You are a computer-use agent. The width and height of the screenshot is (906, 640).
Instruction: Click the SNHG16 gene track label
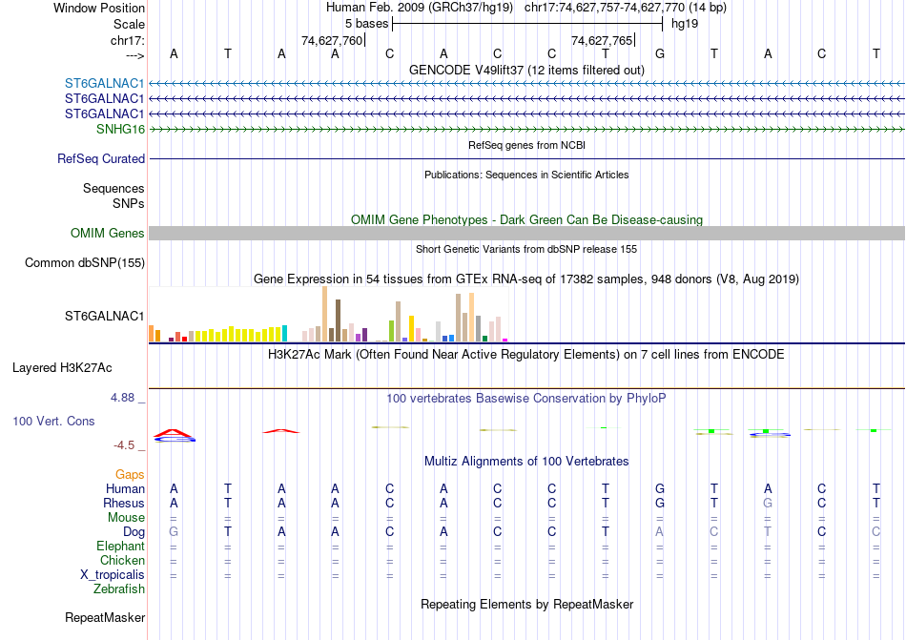coord(120,129)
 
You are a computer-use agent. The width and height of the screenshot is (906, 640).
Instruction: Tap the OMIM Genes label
coord(108,234)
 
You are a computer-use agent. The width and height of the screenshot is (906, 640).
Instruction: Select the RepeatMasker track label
coord(105,618)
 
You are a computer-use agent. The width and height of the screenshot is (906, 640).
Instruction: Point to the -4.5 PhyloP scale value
coord(126,444)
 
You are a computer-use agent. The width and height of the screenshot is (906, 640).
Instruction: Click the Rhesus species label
coord(124,504)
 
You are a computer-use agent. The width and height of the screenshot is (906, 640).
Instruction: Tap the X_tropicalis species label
coord(113,575)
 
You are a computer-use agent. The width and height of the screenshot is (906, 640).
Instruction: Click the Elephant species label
coord(120,547)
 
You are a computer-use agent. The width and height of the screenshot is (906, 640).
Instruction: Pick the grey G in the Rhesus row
coord(767,504)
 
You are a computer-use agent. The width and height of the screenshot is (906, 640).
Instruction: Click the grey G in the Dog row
coord(174,531)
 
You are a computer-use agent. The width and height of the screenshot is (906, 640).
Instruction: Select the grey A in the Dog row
coord(659,531)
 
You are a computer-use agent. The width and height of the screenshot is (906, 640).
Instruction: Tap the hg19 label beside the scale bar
coord(685,23)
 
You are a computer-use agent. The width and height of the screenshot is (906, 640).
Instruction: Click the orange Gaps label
coord(130,474)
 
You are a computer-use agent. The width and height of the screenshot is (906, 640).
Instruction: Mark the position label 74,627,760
coord(332,41)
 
